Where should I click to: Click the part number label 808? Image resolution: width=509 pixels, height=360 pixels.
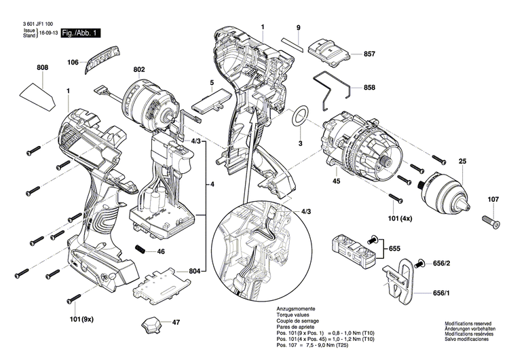coord(42,67)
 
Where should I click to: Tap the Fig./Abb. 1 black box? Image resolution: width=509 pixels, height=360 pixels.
coord(80,33)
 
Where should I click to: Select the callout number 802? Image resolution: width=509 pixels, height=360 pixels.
coord(139,69)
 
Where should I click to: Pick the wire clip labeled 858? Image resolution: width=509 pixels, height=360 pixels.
coord(334,90)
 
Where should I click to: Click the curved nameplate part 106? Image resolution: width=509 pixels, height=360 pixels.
coord(99,60)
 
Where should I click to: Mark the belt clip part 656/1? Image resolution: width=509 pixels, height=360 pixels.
coord(401,278)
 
